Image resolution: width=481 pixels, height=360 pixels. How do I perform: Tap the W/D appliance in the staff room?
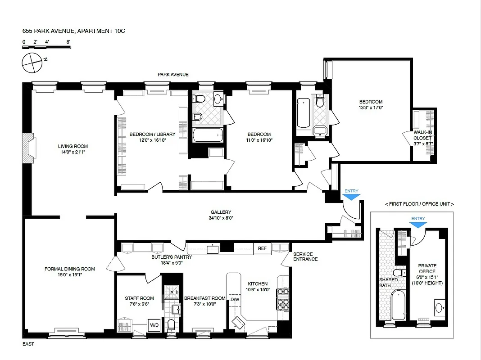click(x=154, y=324)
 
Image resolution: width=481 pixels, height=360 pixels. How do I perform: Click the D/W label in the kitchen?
click(x=235, y=299)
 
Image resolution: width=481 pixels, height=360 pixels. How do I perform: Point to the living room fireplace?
click(x=28, y=148)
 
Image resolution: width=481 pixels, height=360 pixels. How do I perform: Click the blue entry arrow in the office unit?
click(x=417, y=225)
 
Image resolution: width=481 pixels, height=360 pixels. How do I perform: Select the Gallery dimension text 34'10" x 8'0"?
click(x=221, y=218)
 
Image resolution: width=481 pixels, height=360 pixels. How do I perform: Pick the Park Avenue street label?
click(x=173, y=75)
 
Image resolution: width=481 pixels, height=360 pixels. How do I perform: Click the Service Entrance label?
click(x=305, y=256)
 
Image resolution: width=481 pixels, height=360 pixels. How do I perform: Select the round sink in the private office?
click(x=440, y=309)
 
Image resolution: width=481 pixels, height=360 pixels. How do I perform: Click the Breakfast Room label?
click(x=204, y=298)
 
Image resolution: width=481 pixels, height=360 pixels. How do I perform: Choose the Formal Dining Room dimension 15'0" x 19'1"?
click(x=70, y=274)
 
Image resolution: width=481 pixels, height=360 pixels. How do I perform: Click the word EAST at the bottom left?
click(x=28, y=344)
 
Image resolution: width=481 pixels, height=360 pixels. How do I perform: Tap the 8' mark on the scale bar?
click(x=68, y=41)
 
